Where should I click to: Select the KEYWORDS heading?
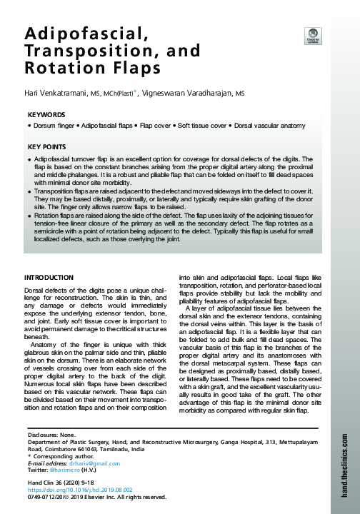46,114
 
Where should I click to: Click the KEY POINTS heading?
47,147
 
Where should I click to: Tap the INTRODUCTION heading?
54,276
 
